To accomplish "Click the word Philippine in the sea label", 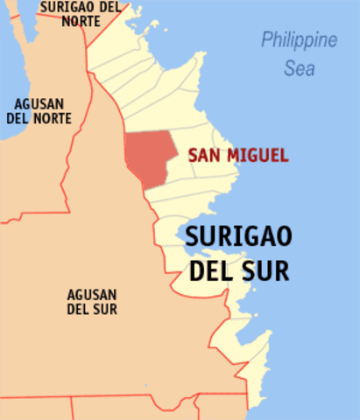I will click(x=299, y=41).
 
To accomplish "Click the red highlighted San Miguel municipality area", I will click(x=145, y=157).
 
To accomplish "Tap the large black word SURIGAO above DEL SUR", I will click(x=237, y=239).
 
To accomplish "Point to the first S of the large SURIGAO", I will click(x=191, y=239).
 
